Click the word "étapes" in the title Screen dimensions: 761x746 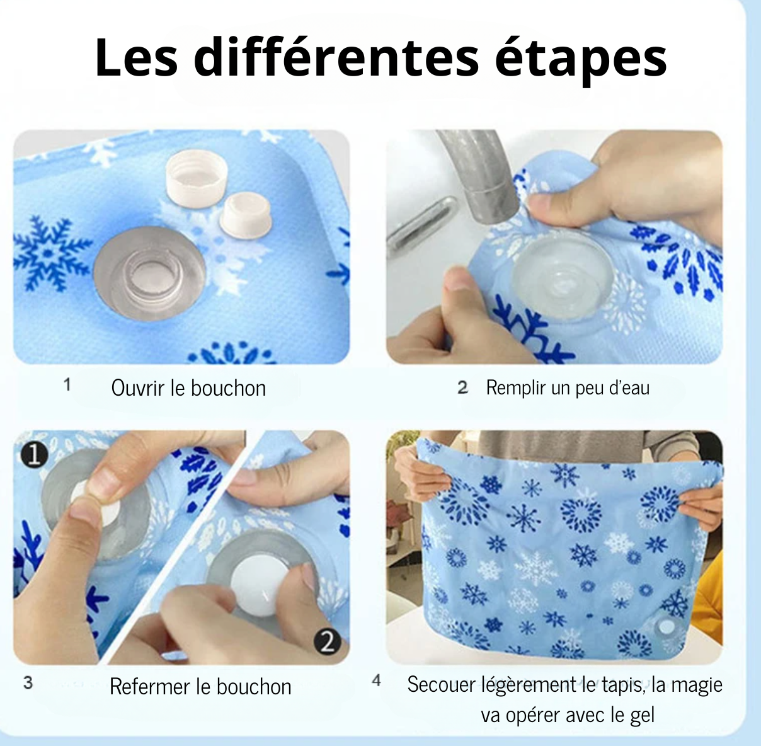point(581,59)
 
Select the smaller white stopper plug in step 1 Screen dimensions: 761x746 point(246,216)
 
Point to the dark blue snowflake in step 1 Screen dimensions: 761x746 point(51,253)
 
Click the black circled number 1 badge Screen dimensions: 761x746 point(35,455)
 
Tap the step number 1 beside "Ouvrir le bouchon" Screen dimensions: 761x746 point(67,384)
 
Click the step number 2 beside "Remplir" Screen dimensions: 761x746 point(463,387)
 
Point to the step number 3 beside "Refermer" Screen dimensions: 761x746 point(28,682)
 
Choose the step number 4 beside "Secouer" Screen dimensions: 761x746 point(376,680)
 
